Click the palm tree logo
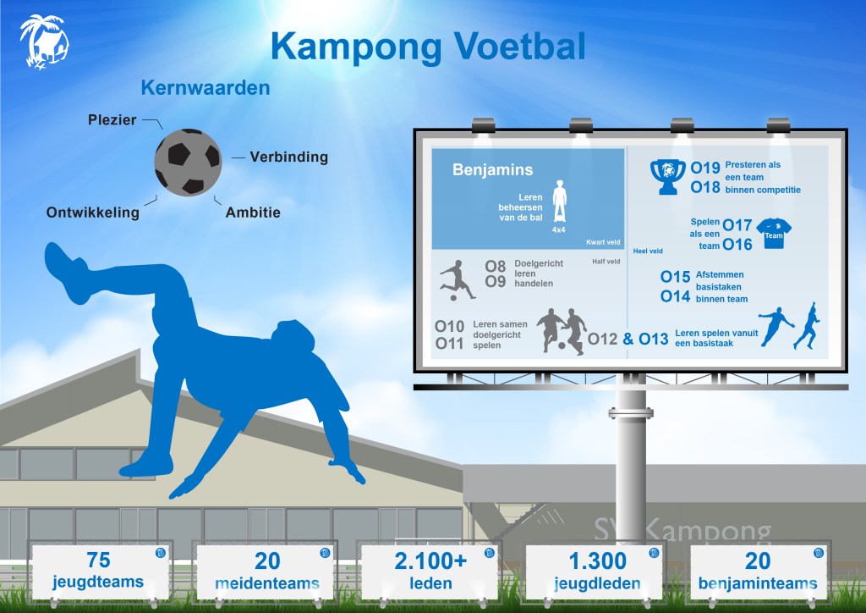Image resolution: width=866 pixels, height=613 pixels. click(44, 42)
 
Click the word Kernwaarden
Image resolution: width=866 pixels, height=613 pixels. click(206, 88)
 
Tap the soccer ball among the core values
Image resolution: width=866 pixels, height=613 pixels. click(188, 162)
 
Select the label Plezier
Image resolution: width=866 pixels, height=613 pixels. click(112, 120)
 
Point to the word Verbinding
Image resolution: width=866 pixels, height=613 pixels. click(289, 157)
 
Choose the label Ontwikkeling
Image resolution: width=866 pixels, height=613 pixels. click(93, 213)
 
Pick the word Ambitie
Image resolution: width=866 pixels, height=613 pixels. click(253, 213)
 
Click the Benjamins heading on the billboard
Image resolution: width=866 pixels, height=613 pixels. click(493, 169)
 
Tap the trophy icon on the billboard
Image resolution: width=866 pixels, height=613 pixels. click(668, 177)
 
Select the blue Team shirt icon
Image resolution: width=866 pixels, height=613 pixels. click(774, 233)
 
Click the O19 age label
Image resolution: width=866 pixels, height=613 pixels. click(705, 168)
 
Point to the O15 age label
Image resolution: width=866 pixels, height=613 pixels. click(676, 276)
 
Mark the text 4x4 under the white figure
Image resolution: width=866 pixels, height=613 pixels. click(558, 229)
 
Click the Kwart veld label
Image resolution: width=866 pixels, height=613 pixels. click(603, 242)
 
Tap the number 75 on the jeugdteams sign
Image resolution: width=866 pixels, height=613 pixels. click(98, 560)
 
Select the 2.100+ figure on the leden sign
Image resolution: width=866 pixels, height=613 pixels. click(430, 561)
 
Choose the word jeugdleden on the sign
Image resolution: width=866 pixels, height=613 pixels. click(597, 583)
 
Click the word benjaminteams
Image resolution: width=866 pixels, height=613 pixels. click(758, 583)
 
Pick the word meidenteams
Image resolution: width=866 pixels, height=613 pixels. click(267, 583)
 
